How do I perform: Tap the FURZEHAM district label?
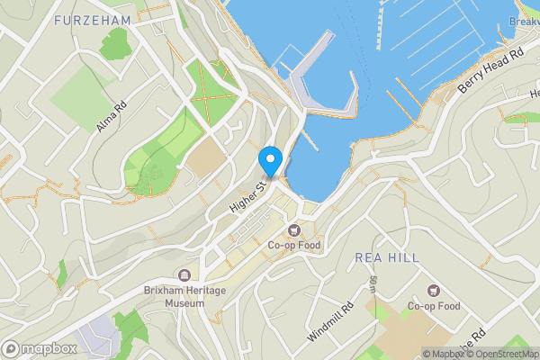92,20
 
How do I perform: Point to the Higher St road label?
247,195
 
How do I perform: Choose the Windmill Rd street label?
330,320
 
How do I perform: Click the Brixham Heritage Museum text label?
174,297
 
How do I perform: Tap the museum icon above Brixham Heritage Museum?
184,275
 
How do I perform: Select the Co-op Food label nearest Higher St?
293,246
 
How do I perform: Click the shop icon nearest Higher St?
293,231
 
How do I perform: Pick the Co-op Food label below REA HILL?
433,306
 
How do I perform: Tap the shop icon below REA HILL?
434,291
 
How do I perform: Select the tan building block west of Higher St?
209,155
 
